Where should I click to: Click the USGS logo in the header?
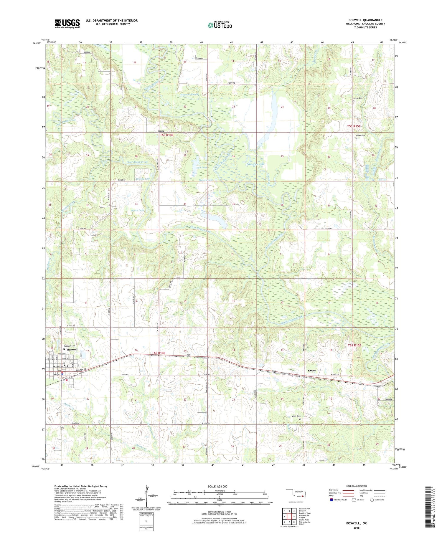67,24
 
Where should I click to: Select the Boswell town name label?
72,349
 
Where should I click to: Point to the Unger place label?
312,371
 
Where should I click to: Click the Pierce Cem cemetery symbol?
354,102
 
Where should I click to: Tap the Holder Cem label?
360,135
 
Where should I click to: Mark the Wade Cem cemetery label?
296,416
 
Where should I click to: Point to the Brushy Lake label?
143,179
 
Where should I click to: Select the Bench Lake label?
138,210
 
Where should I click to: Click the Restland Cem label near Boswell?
70,346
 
